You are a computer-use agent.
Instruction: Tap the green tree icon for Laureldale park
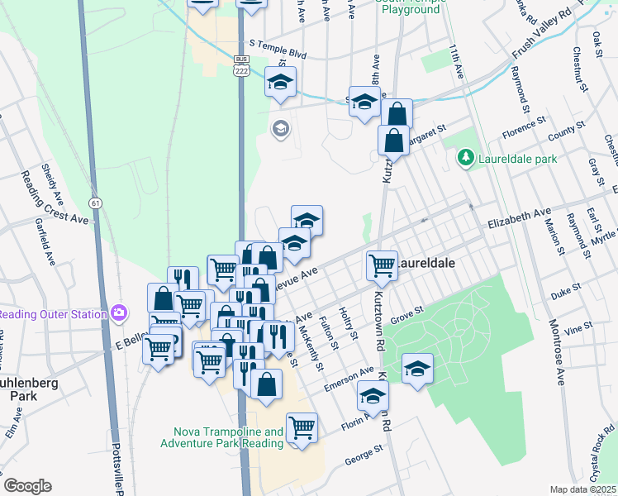(466, 157)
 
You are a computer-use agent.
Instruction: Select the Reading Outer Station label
(52, 314)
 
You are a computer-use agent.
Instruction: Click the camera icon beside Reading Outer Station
(120, 313)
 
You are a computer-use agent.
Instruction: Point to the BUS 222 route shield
(241, 66)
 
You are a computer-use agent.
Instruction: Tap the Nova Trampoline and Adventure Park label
(229, 437)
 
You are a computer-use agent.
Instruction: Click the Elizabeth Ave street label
(518, 218)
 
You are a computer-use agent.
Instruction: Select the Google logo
(27, 486)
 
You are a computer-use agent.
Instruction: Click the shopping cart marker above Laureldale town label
(382, 265)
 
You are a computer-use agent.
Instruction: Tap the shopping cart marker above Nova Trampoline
(302, 427)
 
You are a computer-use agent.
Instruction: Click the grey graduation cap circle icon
(280, 128)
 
